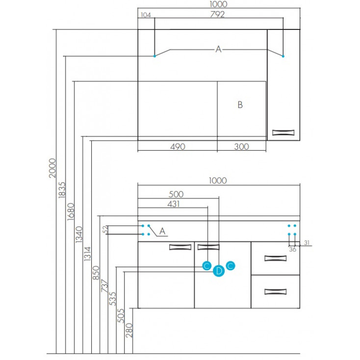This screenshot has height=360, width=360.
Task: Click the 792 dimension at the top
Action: click(217, 14)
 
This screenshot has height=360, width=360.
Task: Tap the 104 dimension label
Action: click(145, 15)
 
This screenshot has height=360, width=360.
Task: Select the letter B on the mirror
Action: click(240, 104)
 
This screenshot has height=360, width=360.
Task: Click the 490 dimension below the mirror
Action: click(177, 146)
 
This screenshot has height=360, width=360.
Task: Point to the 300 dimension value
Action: click(242, 146)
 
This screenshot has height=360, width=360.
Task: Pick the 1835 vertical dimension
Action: click(62, 190)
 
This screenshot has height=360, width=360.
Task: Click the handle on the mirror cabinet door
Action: click(284, 131)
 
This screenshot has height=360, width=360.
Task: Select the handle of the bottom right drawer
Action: click(275, 292)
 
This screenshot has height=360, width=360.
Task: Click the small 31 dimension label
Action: click(307, 242)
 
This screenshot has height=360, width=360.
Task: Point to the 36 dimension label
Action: click(292, 249)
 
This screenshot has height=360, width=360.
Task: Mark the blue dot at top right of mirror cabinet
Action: click(283, 57)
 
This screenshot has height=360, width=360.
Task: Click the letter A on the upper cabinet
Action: click(219, 49)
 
